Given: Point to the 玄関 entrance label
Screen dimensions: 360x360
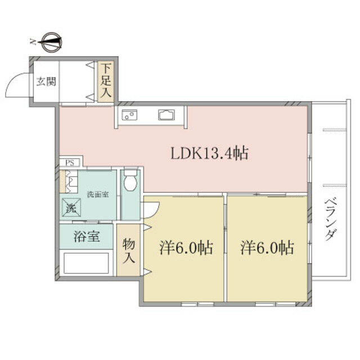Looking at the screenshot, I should [46, 81].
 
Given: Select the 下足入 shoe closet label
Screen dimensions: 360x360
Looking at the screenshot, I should [106, 82].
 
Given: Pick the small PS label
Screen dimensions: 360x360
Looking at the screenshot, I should [70, 163].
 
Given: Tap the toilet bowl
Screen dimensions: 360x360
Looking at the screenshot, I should [130, 181].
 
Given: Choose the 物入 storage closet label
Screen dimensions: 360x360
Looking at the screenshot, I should [129, 250].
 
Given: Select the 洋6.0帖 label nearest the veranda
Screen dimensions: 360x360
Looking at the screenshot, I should [267, 247].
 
